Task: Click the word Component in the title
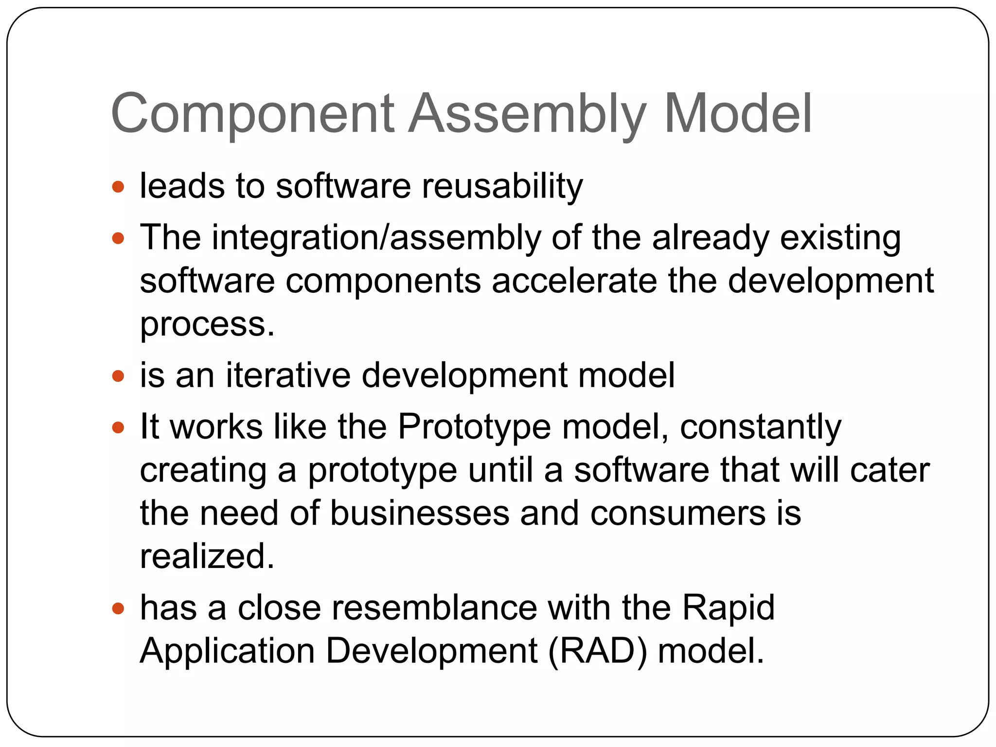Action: click(x=252, y=114)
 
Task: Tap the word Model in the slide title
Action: click(x=737, y=114)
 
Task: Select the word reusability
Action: click(x=502, y=186)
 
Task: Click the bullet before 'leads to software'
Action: click(x=118, y=187)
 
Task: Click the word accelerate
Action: click(x=574, y=281)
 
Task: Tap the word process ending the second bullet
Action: click(x=207, y=325)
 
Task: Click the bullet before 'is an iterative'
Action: click(x=118, y=376)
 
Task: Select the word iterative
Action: click(x=288, y=375)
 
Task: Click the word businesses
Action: click(x=419, y=514)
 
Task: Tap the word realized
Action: click(x=207, y=556)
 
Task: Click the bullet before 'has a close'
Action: click(x=118, y=608)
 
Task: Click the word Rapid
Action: click(x=728, y=608)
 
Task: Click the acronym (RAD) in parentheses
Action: click(x=597, y=651)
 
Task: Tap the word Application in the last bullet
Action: click(x=227, y=651)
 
